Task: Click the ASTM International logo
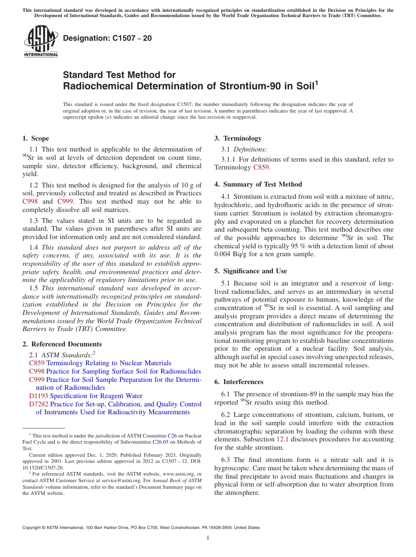click(40, 42)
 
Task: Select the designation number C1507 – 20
click(107, 38)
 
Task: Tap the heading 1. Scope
click(35, 138)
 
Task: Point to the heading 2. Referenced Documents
click(62, 344)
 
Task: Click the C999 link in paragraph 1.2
click(65, 201)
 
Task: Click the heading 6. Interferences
click(239, 382)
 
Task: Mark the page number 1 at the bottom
click(208, 538)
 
